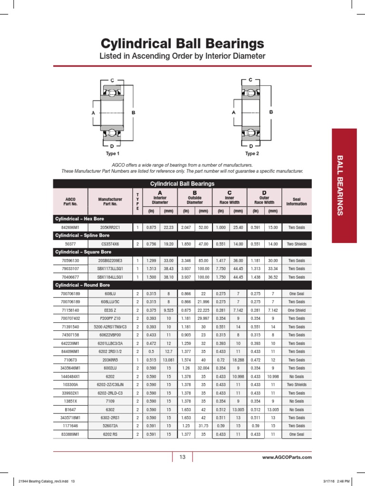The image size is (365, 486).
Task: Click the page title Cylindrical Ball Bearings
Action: [182, 44]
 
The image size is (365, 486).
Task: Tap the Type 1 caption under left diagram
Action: [113, 154]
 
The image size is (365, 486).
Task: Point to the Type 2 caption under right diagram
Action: [252, 154]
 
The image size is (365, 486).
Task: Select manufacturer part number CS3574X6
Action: [110, 244]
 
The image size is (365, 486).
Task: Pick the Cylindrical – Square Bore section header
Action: [82, 252]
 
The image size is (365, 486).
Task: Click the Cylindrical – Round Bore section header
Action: [82, 285]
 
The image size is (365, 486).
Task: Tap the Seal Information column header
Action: [297, 201]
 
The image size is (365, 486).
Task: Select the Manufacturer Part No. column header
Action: [110, 201]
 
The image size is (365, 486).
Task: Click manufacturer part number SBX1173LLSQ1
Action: [110, 269]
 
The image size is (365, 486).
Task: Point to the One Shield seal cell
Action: [297, 310]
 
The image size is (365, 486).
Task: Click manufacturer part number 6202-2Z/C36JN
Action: [110, 384]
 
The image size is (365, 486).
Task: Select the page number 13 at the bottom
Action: [182, 457]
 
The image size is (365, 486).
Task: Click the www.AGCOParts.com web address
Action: [287, 457]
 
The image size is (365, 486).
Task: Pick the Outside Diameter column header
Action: [194, 199]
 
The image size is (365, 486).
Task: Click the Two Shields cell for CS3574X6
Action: [297, 244]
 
